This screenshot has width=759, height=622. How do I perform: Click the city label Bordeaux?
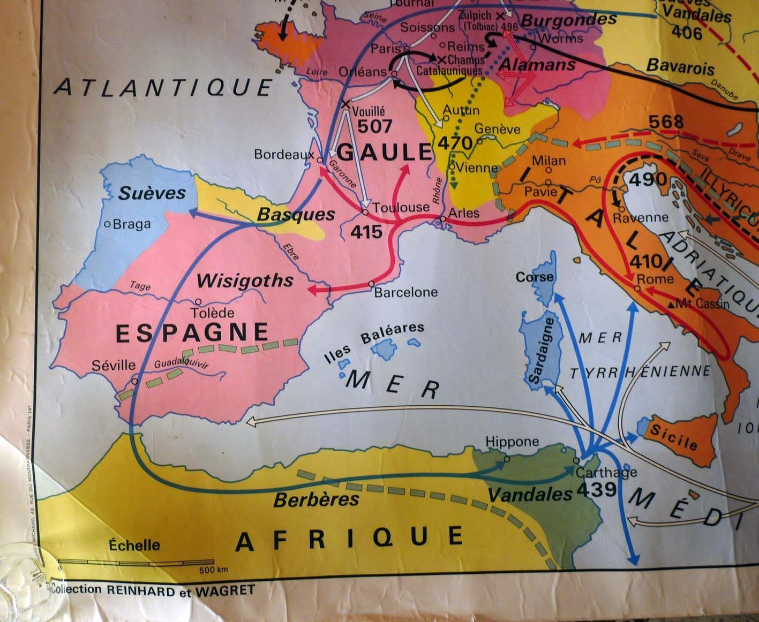pos(283,155)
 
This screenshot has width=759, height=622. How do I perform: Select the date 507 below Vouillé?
pos(375,126)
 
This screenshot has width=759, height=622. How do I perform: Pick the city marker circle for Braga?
pos(108,224)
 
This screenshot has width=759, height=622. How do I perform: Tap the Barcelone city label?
pos(405,292)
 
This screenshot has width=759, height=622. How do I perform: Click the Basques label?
pos(296,215)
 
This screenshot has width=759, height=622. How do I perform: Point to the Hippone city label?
pos(512,442)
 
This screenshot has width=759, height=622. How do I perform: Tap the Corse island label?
pos(534,277)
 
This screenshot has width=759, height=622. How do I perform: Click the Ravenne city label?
pos(641,217)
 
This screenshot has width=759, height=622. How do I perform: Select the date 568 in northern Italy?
pos(666,122)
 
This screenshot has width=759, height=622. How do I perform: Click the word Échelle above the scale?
pos(134,545)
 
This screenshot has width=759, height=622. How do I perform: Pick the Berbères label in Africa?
pos(316,500)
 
